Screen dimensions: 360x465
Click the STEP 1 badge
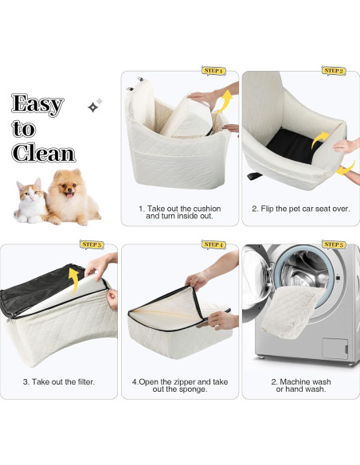(x=213, y=71)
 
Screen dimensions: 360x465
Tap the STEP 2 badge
(x=334, y=71)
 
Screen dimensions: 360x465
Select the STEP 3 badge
(x=92, y=244)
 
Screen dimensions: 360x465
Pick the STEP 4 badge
(x=213, y=244)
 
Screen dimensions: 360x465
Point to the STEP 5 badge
(x=334, y=244)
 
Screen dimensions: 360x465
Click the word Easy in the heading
(x=37, y=104)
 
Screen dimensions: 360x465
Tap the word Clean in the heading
(x=44, y=153)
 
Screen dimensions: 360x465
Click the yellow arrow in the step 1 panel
(x=225, y=101)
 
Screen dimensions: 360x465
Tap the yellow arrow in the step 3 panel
(x=74, y=279)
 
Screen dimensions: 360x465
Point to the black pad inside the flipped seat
(x=293, y=145)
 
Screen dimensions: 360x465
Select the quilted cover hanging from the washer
(x=292, y=312)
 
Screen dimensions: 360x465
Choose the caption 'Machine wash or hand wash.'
(x=301, y=385)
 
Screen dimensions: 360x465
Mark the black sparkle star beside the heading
(x=93, y=107)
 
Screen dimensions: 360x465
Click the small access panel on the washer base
(x=335, y=349)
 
